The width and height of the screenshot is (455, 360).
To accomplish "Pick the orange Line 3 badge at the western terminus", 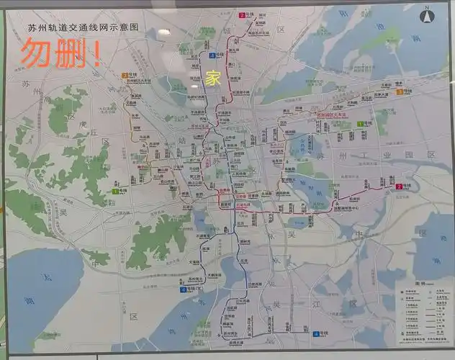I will click(125, 75).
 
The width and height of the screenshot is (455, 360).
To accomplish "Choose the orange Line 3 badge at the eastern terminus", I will click(407, 91).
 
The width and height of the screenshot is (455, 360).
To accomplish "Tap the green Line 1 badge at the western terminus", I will click(115, 191).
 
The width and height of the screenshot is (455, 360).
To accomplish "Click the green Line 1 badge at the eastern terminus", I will click(360, 125).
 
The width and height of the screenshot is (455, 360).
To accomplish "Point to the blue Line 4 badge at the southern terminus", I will click(316, 334).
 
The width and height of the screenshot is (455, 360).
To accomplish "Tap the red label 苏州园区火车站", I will click(332, 114).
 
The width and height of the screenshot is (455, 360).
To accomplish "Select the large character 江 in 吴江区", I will click(315, 305).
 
